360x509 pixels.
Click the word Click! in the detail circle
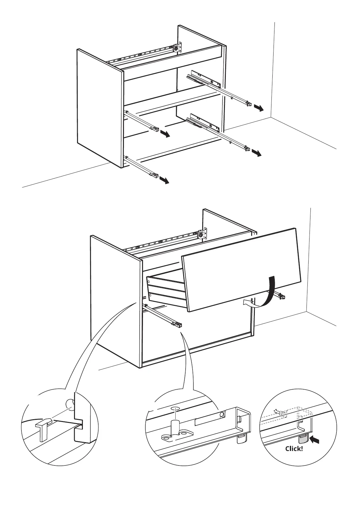coord(294,449)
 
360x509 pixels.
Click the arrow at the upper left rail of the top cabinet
coord(165,134)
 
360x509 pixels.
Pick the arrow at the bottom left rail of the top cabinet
coord(164,180)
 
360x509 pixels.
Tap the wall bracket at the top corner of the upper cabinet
coord(179,47)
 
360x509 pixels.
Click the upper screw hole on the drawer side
coord(149,282)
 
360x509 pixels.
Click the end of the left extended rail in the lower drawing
coord(177,325)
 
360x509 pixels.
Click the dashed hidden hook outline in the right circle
coord(280,413)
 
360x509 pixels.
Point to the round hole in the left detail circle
coord(70,403)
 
